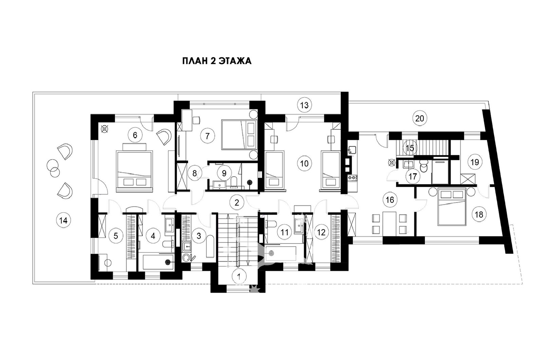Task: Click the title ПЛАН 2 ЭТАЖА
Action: (217, 61)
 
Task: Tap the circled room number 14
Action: (63, 220)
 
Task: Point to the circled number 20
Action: (419, 119)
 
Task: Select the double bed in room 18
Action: (452, 207)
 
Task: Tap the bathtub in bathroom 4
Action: (158, 262)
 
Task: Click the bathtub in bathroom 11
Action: (281, 254)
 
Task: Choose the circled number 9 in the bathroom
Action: (224, 173)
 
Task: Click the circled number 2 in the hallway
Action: (237, 202)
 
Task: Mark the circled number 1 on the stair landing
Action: (239, 276)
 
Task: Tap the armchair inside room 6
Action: (164, 137)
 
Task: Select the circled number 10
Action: (304, 163)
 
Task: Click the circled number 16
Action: (390, 200)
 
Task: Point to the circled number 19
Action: (475, 162)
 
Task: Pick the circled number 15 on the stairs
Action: (410, 148)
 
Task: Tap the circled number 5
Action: (116, 236)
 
